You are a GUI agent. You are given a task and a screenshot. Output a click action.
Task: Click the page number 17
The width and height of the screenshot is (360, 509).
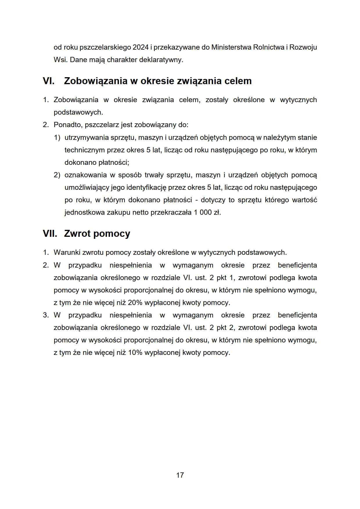(x=180, y=475)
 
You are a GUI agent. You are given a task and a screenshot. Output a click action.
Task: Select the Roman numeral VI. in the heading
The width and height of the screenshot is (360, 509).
(x=48, y=81)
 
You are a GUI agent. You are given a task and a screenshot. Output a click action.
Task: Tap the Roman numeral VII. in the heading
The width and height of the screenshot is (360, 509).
(x=50, y=234)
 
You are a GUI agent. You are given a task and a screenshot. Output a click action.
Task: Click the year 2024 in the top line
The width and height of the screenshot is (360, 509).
(x=141, y=47)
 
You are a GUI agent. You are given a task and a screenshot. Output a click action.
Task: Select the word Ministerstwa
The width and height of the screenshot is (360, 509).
(x=231, y=47)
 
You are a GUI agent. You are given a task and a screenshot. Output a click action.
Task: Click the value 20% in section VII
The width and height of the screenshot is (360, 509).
(x=135, y=303)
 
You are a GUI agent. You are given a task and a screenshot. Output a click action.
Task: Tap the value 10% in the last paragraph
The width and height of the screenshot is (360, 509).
(x=135, y=353)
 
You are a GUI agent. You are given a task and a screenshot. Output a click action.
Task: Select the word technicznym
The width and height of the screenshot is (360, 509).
(x=84, y=150)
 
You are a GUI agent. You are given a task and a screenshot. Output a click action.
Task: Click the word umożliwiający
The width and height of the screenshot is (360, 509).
(x=87, y=187)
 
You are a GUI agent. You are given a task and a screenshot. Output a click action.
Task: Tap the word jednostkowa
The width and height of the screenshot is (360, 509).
(x=84, y=212)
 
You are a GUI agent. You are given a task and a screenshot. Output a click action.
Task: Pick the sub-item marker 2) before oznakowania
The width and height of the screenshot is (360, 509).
(x=57, y=175)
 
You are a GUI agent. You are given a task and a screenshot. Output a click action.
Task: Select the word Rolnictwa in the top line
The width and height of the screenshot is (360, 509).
(x=269, y=47)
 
